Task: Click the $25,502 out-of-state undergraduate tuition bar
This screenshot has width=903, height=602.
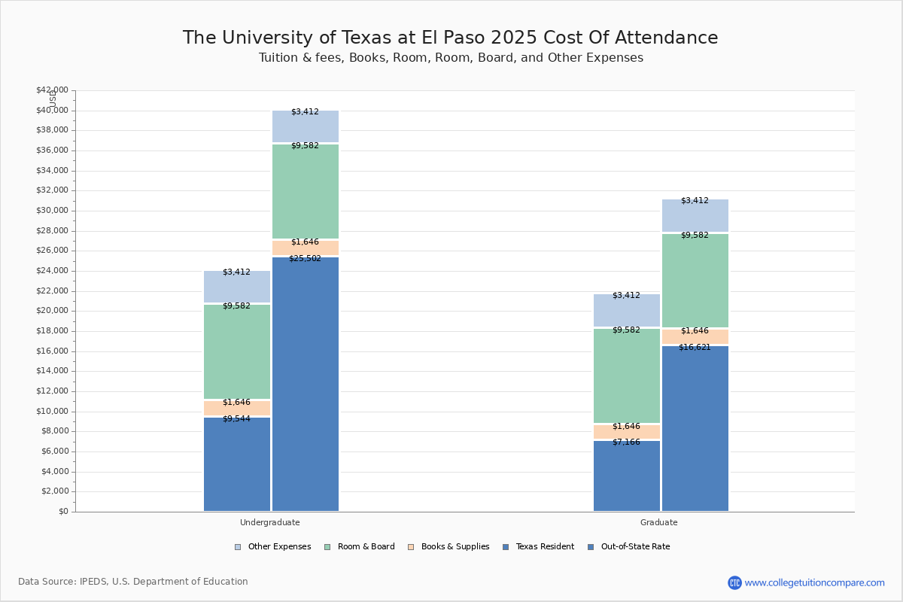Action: (306, 384)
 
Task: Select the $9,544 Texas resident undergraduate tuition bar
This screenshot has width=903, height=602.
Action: (237, 464)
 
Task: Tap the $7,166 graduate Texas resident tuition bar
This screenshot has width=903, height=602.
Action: (627, 476)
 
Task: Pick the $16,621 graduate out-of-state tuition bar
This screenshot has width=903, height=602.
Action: (695, 428)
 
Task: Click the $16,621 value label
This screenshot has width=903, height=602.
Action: (695, 348)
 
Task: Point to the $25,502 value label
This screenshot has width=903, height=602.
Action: (305, 259)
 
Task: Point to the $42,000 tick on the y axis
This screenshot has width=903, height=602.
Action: (52, 90)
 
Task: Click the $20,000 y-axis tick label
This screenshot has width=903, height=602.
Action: (52, 311)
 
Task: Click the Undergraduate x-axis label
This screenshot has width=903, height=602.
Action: (270, 522)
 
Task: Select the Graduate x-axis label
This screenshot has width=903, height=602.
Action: (659, 522)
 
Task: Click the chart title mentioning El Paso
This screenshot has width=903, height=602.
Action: (450, 38)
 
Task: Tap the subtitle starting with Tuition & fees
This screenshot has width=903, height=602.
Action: (451, 58)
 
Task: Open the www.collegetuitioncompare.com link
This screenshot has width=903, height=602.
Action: (814, 582)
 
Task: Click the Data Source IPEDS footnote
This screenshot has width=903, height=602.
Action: (133, 582)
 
